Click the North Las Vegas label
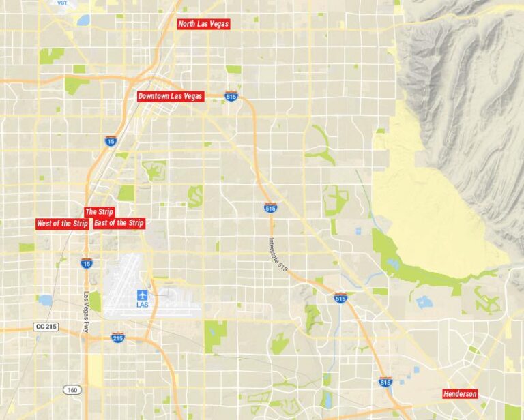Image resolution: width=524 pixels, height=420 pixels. click(203, 24)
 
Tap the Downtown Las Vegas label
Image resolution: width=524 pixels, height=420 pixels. click(170, 96)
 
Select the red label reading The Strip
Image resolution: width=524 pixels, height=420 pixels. click(99, 211)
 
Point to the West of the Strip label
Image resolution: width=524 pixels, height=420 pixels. click(62, 224)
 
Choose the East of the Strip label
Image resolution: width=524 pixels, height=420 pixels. click(119, 223)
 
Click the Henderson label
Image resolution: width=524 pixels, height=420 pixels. click(460, 394)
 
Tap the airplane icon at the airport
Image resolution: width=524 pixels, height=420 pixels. click(142, 295)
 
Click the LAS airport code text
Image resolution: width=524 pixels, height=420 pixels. click(142, 305)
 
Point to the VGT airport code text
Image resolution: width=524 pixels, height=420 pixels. click(63, 3)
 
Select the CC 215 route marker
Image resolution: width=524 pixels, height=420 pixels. click(46, 327)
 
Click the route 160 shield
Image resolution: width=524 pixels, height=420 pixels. click(72, 389)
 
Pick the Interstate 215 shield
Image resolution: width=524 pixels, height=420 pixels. click(117, 337)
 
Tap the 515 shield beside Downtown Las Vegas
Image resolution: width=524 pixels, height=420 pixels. click(231, 97)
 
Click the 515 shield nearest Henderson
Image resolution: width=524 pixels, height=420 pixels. click(385, 382)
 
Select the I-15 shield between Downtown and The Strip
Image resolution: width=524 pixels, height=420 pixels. click(111, 141)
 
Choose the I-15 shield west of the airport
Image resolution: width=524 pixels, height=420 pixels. click(86, 262)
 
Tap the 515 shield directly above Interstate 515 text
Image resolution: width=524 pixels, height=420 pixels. click(270, 207)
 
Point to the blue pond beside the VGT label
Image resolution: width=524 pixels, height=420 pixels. click(83, 20)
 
